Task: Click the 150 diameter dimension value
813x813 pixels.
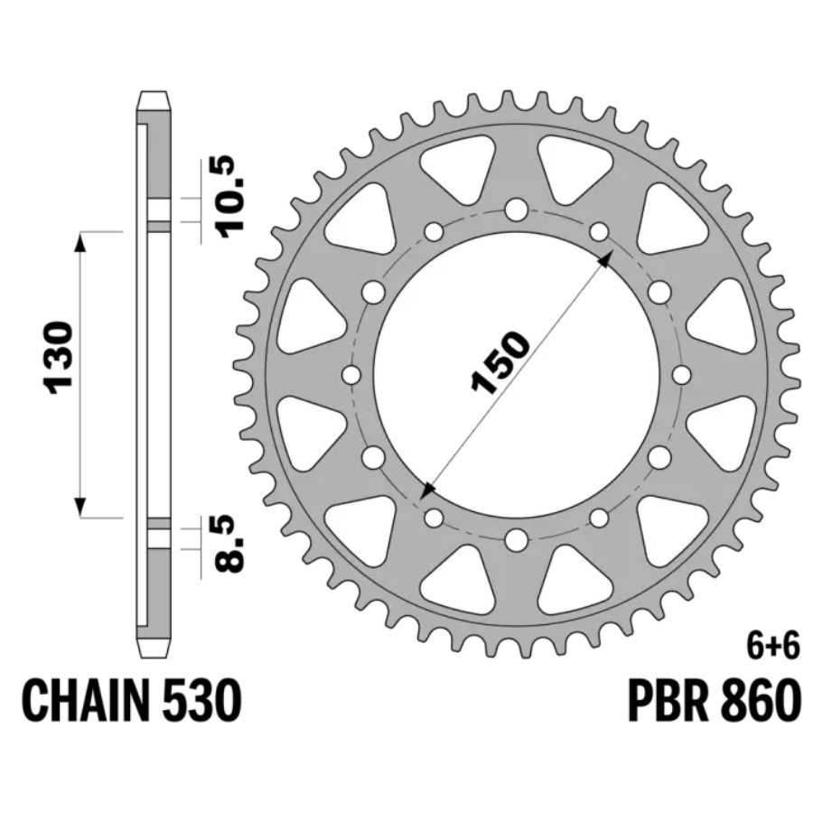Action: pos(500,362)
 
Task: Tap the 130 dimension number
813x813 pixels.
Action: pos(59,358)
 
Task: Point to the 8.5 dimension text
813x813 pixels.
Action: pos(229,544)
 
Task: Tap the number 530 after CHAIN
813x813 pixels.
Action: pos(201,700)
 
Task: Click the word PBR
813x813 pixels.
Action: pos(668,700)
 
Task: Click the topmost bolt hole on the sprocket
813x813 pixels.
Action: pos(517,210)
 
